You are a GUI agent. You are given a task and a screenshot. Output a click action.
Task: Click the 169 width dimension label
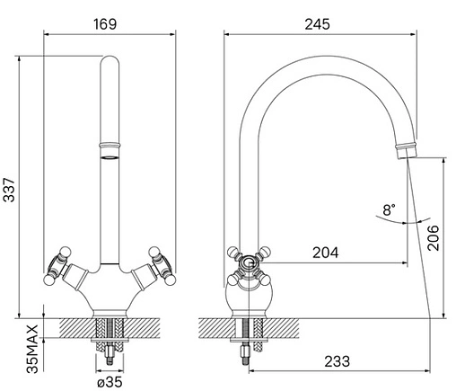tap(105, 24)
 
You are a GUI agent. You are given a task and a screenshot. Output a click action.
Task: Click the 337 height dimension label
tap(9, 190)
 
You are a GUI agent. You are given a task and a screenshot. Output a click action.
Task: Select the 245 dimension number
tap(318, 24)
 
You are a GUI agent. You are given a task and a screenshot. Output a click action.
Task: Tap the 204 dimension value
tap(326, 253)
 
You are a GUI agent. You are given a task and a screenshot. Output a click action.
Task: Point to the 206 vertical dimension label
tap(434, 238)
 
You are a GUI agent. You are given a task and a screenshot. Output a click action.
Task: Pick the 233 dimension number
tap(338, 361)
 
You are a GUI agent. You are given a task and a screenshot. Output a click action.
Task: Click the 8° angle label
tap(389, 209)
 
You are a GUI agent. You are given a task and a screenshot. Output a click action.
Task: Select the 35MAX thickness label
tap(32, 349)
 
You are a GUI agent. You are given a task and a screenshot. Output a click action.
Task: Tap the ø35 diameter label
tap(110, 382)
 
